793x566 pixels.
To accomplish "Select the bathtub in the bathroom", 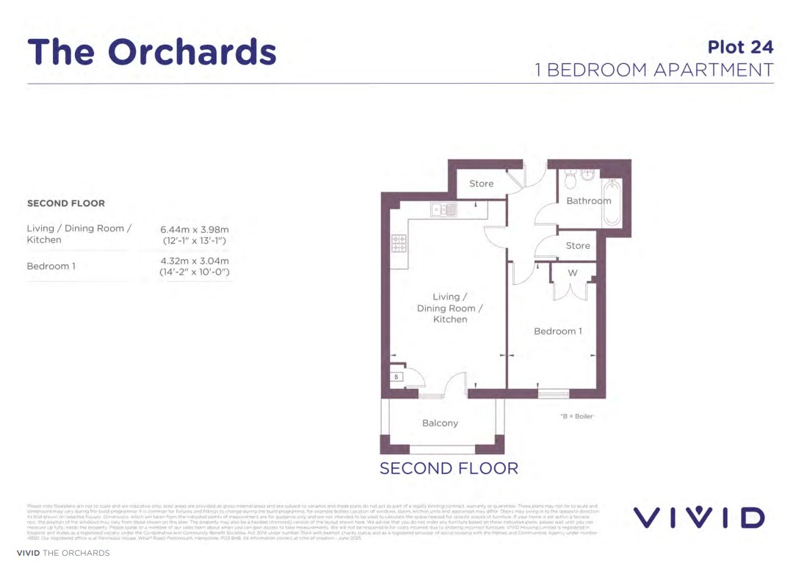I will [611, 201].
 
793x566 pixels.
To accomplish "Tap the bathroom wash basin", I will [587, 175].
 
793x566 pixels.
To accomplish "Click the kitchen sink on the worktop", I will [443, 210].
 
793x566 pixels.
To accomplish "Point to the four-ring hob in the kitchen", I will [399, 243].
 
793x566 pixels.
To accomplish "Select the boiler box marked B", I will [396, 377].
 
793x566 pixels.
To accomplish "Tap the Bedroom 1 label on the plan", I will [557, 331].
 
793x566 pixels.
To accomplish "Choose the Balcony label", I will [440, 423].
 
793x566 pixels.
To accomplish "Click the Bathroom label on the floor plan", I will [588, 200].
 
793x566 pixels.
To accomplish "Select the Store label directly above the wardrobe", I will [578, 246].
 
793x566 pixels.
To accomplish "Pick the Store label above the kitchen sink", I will [482, 184].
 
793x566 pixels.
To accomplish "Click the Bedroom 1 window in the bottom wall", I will [554, 393].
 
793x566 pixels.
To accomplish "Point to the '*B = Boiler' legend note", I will [576, 416].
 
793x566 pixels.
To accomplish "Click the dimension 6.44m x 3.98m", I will [195, 228].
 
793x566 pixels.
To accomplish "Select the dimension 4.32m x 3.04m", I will [195, 261].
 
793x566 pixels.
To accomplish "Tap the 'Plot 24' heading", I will [740, 48].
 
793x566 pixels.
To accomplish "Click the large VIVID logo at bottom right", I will [698, 517].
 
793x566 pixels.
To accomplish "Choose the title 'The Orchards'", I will [152, 51].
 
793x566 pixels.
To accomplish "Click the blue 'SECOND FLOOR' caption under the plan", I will [449, 468].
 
